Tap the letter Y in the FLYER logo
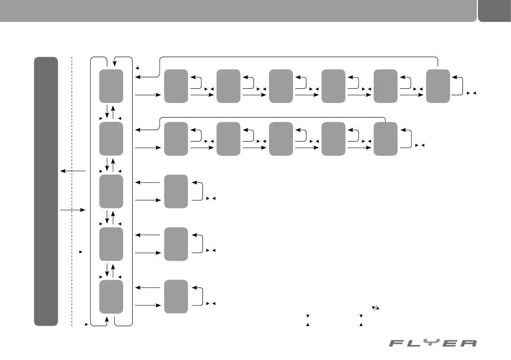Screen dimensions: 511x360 coord(433,343)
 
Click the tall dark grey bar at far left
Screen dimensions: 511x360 coord(46,191)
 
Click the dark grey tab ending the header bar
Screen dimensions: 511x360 coord(494,10)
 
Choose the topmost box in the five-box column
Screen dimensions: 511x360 coord(111,86)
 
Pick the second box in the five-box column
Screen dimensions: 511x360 coord(111,139)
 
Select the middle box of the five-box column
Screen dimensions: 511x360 coord(111,191)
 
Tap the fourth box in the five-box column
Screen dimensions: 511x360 coord(111,244)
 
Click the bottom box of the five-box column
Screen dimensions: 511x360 coord(111,296)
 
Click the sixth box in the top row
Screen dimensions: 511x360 coord(438,86)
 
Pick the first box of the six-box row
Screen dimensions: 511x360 coord(176,86)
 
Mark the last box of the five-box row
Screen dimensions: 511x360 coord(385,139)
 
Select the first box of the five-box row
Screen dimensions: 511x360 coord(176,139)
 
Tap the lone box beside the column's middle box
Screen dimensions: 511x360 coord(176,191)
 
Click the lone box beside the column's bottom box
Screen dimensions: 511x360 coord(176,296)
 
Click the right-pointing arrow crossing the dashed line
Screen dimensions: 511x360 coord(73,210)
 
